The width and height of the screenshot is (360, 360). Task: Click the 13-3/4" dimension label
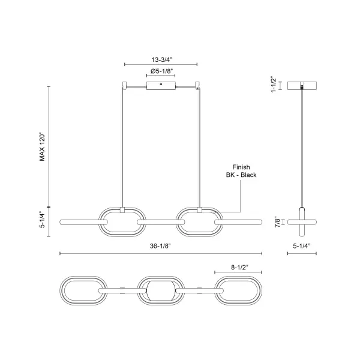tap(161, 59)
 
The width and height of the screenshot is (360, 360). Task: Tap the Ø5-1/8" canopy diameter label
tap(161, 71)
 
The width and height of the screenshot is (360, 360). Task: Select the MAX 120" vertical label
tap(42, 146)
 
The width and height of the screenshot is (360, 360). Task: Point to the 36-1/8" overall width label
tap(160, 246)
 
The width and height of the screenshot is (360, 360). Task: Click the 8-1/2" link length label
tap(240, 267)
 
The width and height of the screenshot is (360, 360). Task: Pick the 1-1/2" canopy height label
tap(274, 85)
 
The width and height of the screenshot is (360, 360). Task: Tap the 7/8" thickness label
tap(278, 222)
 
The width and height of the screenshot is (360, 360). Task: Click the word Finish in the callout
tap(241, 167)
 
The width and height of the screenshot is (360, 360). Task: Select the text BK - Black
tap(241, 175)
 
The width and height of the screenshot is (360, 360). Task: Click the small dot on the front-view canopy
tap(161, 84)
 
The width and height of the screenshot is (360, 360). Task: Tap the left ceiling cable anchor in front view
tap(125, 85)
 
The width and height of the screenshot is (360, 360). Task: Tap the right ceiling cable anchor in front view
tap(197, 85)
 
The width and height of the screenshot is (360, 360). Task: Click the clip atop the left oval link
tap(122, 210)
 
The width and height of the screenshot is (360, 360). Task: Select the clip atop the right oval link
tap(200, 210)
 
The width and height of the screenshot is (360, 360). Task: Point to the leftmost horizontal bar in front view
tap(83, 222)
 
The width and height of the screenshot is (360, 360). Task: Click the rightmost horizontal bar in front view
tap(238, 222)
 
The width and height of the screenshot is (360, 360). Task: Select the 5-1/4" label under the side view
tap(302, 246)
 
